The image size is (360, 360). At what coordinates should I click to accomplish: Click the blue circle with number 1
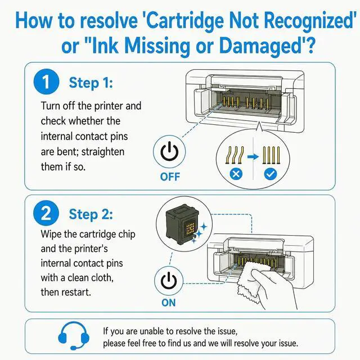(x=46, y=82)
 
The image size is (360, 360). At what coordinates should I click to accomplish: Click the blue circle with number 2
(x=46, y=213)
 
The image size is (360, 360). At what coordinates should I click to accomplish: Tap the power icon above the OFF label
(x=169, y=151)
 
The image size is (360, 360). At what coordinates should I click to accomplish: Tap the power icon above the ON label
(x=169, y=280)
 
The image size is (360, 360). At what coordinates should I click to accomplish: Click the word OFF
(x=170, y=177)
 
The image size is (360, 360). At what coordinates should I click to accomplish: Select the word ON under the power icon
(x=169, y=303)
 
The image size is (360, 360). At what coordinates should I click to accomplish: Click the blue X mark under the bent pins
(x=236, y=174)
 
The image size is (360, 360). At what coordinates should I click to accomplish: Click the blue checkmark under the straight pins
(x=271, y=174)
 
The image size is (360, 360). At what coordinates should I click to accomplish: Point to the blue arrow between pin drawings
(x=253, y=156)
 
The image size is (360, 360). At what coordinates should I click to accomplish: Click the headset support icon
(x=74, y=335)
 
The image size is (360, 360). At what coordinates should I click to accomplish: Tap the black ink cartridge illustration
(x=182, y=224)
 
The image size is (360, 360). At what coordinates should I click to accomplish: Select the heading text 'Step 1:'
(x=91, y=83)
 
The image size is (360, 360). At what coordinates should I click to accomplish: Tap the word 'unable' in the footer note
(x=152, y=331)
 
